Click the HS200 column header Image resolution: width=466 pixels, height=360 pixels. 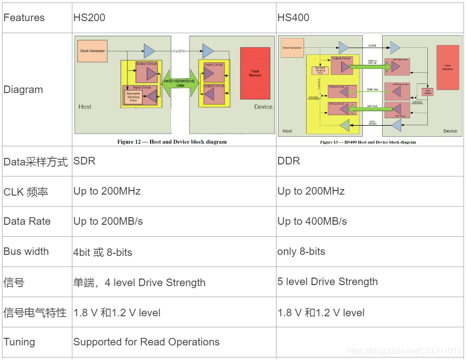coord(89,18)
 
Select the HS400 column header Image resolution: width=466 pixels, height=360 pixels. coord(293,18)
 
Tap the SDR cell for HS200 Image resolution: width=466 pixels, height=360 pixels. coord(84,161)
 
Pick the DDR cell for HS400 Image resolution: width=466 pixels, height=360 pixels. coord(289,161)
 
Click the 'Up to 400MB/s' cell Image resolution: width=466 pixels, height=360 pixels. coord(312,221)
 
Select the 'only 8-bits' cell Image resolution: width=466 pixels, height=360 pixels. coord(301,251)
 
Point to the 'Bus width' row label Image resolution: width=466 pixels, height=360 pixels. coord(26,251)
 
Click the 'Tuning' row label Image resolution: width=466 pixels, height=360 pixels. coord(19,342)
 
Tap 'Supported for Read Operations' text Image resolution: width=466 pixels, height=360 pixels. coord(146,342)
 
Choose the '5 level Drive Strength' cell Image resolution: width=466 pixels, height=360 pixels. coord(327,282)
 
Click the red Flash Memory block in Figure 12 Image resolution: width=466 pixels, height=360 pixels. coord(255,73)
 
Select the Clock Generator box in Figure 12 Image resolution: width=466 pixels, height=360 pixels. coord(92,51)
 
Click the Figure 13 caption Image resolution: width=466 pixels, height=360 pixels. coord(368,142)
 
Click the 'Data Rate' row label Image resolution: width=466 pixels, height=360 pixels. coord(27,221)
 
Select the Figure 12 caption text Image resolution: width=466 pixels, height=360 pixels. coord(172,142)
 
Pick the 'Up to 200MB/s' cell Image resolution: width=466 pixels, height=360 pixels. coord(108,221)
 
